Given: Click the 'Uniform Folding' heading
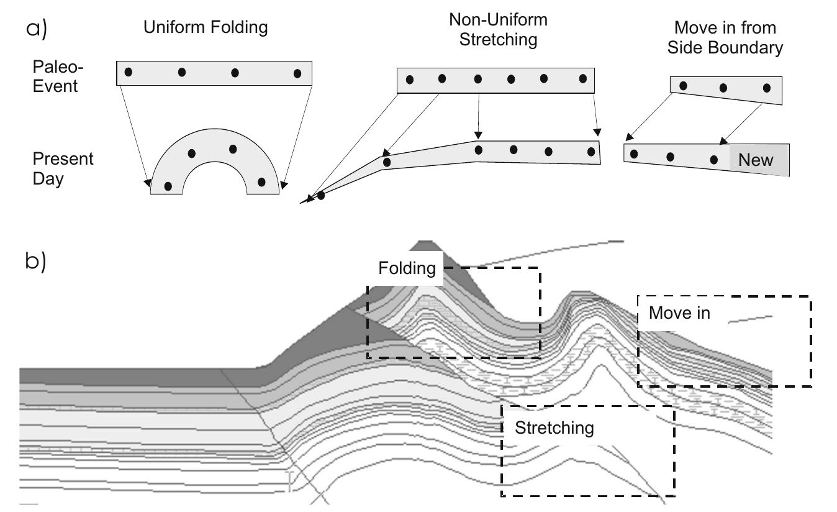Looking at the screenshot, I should click(x=205, y=28).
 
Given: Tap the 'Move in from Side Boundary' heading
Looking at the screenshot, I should click(x=725, y=38).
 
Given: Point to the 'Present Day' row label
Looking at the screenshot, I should click(x=63, y=169).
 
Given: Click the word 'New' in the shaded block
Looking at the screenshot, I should click(x=756, y=160).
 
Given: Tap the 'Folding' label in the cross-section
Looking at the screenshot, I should click(x=407, y=268).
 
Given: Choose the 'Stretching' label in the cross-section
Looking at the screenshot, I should click(x=554, y=427).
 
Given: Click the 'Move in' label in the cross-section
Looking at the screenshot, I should click(x=679, y=313).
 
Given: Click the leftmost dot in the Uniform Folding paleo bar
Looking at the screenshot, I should click(x=129, y=72).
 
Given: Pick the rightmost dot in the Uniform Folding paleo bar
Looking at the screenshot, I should click(x=297, y=73).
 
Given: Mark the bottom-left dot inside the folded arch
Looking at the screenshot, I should click(x=168, y=186).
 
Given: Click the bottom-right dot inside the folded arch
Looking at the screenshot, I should click(x=261, y=182).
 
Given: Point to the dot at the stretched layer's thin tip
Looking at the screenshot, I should click(x=321, y=196).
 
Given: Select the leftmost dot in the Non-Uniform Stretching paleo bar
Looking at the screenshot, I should click(x=409, y=80).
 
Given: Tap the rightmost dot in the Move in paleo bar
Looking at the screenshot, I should click(x=767, y=88).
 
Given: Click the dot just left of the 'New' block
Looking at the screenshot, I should click(x=714, y=160).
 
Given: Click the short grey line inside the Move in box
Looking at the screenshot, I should click(x=750, y=319).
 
